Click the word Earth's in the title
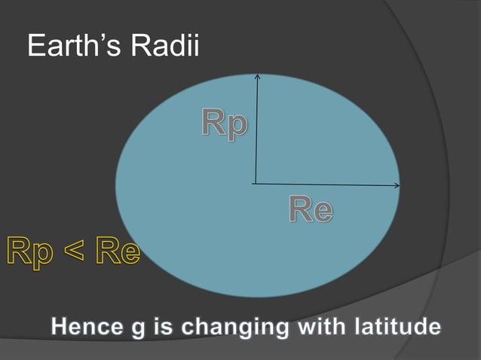click(75, 47)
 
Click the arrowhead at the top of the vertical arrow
click(257, 76)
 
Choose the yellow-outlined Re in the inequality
click(117, 252)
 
